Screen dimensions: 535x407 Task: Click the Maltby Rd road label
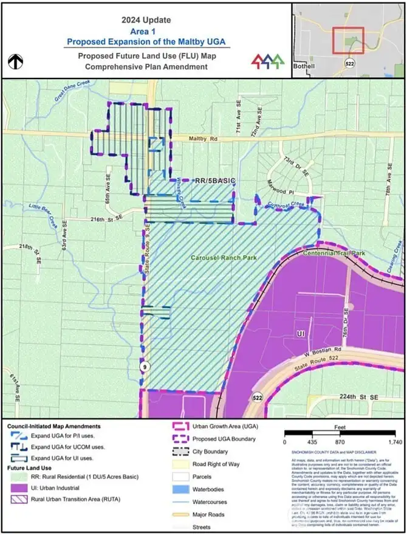203,139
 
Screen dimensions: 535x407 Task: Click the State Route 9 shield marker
144,367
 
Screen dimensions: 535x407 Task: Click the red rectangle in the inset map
347,41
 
